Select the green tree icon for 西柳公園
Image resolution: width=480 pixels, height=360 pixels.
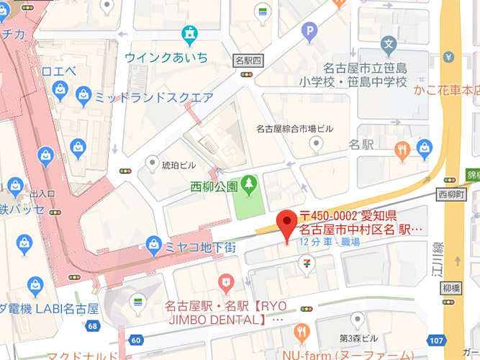pyautogui.click(x=249, y=186)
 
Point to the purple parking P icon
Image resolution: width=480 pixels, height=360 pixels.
pyautogui.click(x=310, y=31)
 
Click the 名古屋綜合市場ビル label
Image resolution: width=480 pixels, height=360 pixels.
pyautogui.click(x=295, y=129)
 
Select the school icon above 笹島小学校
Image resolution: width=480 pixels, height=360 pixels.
pyautogui.click(x=389, y=45)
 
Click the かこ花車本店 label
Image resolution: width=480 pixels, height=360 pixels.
pyautogui.click(x=446, y=90)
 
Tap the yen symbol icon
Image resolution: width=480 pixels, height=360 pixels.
pyautogui.click(x=450, y=56)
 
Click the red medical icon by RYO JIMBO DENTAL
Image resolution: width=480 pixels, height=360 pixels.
pyautogui.click(x=227, y=279)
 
